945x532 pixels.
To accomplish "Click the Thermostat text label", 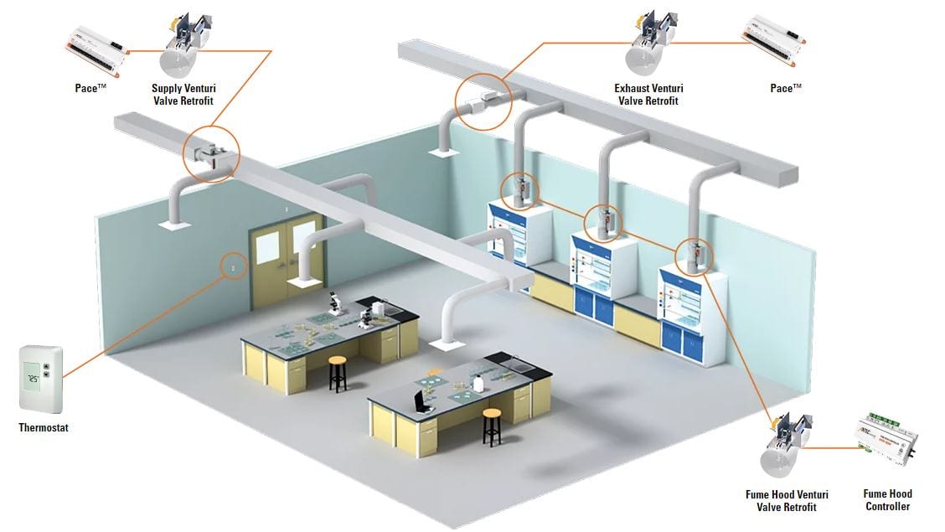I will click(44, 428).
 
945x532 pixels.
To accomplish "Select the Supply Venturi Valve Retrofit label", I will click(183, 94).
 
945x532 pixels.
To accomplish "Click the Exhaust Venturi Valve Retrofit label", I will click(648, 94).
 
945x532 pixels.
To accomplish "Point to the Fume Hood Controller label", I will click(887, 500).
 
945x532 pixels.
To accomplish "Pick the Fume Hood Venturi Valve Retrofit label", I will click(787, 501).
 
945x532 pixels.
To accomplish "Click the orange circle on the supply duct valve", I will click(212, 154).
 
